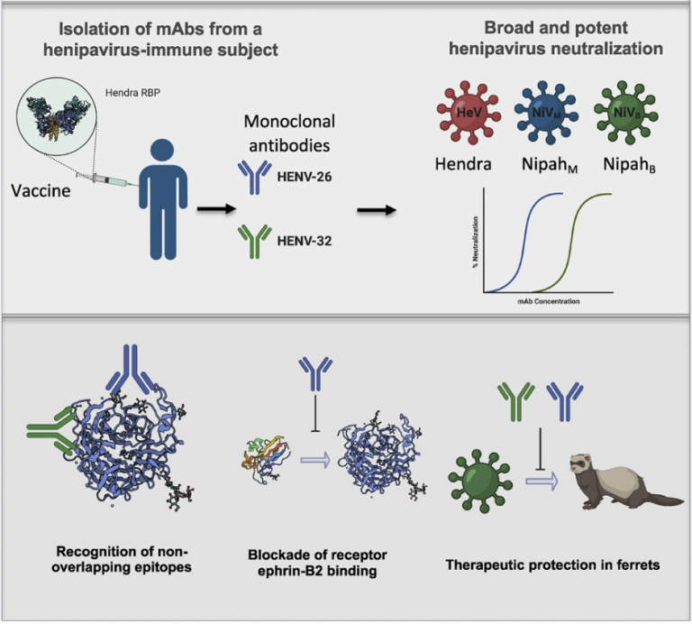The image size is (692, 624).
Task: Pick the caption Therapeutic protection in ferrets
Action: tap(553, 564)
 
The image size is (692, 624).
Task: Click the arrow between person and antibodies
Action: tap(211, 209)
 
